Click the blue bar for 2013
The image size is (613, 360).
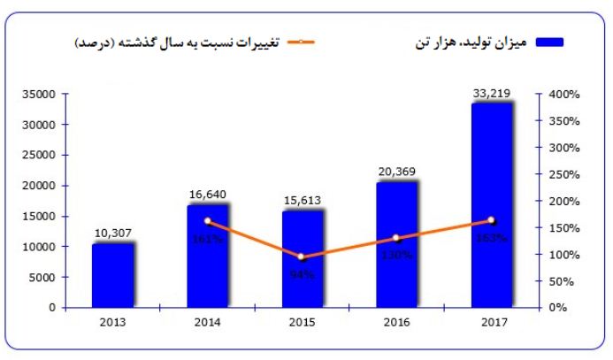point(112,275)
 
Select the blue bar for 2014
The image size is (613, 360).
point(208,257)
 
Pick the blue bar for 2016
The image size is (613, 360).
point(397,245)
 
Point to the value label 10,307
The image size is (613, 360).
point(113,233)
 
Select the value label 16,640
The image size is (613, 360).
point(208,193)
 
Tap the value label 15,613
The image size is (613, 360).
point(303,200)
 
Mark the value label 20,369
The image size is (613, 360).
point(397,171)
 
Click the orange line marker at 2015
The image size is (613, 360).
point(303,257)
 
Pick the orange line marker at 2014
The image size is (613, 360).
point(208,221)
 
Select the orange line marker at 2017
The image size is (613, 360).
point(492,220)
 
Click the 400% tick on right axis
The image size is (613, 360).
point(562,94)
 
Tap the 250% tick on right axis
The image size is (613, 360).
point(562,174)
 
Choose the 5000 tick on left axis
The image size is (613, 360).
point(44,277)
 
